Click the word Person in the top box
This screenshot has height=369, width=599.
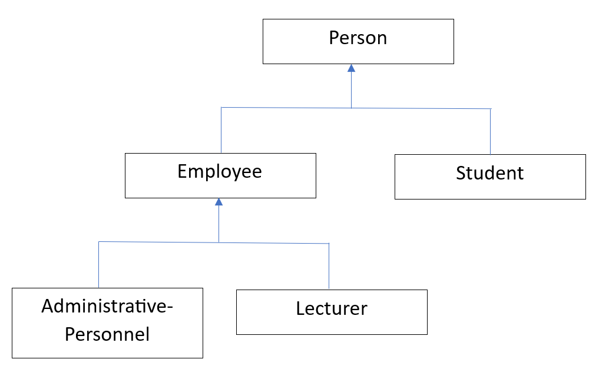click(x=358, y=38)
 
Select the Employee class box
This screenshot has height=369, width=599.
click(x=220, y=175)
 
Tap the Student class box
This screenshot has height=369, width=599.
click(x=490, y=177)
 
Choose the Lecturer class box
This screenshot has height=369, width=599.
click(x=332, y=312)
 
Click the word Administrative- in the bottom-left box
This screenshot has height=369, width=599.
click(x=107, y=306)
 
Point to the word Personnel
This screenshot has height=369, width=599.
click(x=107, y=334)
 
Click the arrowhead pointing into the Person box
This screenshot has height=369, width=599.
click(x=352, y=68)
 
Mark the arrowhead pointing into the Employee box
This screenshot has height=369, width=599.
click(x=219, y=202)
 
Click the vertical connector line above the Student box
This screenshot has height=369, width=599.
click(x=491, y=132)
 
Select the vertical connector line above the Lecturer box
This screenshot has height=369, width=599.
click(x=329, y=267)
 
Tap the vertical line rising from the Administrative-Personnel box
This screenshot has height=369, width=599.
click(x=98, y=265)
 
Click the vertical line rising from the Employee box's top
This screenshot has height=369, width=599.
click(x=221, y=130)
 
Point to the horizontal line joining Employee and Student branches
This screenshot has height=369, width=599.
click(x=356, y=108)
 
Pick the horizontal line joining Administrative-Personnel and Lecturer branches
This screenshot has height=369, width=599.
click(x=214, y=242)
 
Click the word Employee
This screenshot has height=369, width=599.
click(x=220, y=171)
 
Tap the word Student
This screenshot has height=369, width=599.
click(x=490, y=173)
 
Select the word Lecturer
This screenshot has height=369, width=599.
click(x=332, y=308)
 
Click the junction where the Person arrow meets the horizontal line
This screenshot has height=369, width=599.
click(x=352, y=108)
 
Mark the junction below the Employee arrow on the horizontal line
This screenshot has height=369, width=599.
click(x=219, y=242)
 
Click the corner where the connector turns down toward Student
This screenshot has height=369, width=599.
click(x=491, y=109)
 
